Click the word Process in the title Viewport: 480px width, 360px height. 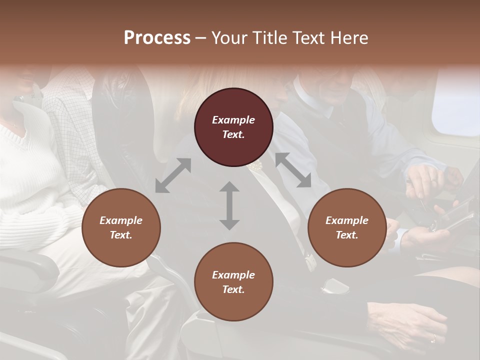pos(157,38)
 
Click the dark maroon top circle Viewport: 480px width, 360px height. pos(233,127)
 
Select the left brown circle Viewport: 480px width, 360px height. pos(121,227)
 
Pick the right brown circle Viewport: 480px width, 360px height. pos(347,227)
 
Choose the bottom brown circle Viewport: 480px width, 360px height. pos(233,282)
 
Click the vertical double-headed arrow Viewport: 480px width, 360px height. pos(229,205)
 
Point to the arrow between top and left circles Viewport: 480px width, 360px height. pos(173,175)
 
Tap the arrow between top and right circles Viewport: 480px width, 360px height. pos(293,170)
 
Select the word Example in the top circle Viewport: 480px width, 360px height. pos(233,120)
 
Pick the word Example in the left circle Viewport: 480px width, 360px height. pos(121,220)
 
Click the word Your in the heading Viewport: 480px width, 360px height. pos(228,38)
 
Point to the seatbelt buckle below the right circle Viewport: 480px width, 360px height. pos(334,285)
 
